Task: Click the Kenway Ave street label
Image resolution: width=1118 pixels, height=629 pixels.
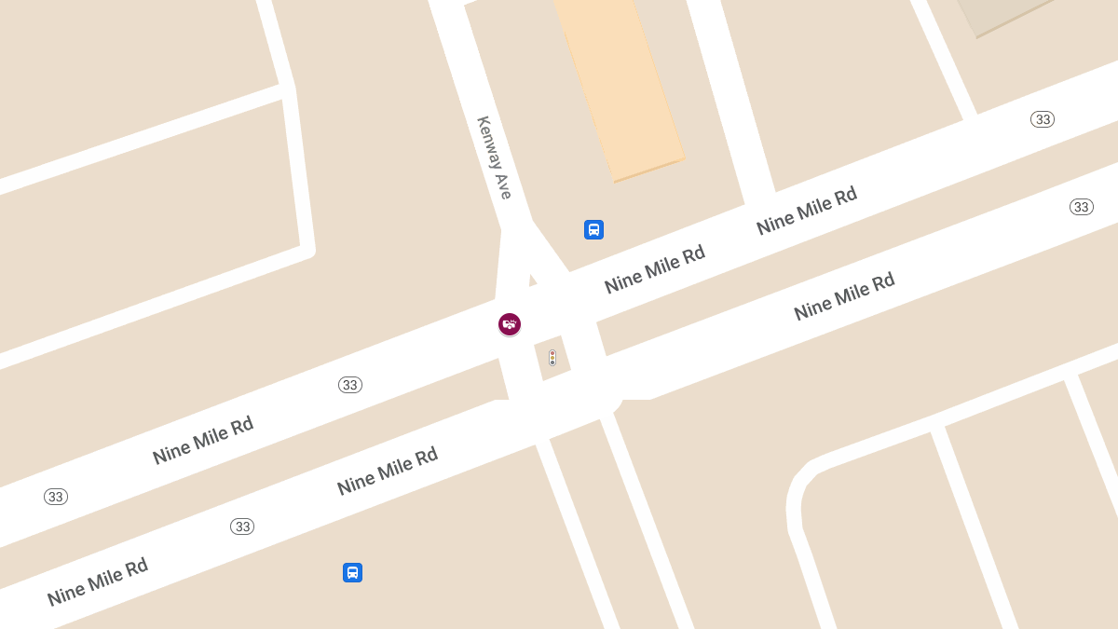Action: pyautogui.click(x=495, y=157)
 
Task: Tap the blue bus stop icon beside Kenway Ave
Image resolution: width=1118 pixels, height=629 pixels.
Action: pyautogui.click(x=593, y=229)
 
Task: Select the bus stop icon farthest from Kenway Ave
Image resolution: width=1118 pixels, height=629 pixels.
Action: pyautogui.click(x=352, y=572)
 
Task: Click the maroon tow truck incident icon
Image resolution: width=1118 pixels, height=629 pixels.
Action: pyautogui.click(x=510, y=324)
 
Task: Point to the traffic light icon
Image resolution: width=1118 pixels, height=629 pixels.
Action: pyautogui.click(x=552, y=357)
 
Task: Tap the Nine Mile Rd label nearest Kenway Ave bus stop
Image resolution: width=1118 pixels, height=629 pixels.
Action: pyautogui.click(x=654, y=269)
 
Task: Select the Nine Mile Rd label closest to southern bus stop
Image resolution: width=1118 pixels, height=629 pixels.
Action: pyautogui.click(x=387, y=472)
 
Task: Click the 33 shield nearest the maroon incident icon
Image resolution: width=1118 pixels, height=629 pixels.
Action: pyautogui.click(x=350, y=385)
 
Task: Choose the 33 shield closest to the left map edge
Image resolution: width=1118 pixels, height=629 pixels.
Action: pyautogui.click(x=56, y=497)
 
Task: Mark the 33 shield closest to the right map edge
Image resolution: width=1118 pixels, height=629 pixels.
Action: pyautogui.click(x=1081, y=207)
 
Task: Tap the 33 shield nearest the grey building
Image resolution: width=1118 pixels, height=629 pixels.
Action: pyautogui.click(x=1043, y=119)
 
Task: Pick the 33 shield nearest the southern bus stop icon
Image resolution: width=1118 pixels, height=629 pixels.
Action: pyautogui.click(x=242, y=526)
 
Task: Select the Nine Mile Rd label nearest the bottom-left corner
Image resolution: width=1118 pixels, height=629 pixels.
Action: pyautogui.click(x=97, y=581)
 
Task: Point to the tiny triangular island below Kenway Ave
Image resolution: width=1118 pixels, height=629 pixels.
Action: pyautogui.click(x=532, y=280)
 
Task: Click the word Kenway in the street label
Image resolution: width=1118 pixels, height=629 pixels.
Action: pyautogui.click(x=489, y=142)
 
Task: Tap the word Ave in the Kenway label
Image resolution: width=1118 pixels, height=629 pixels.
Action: pyautogui.click(x=504, y=186)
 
